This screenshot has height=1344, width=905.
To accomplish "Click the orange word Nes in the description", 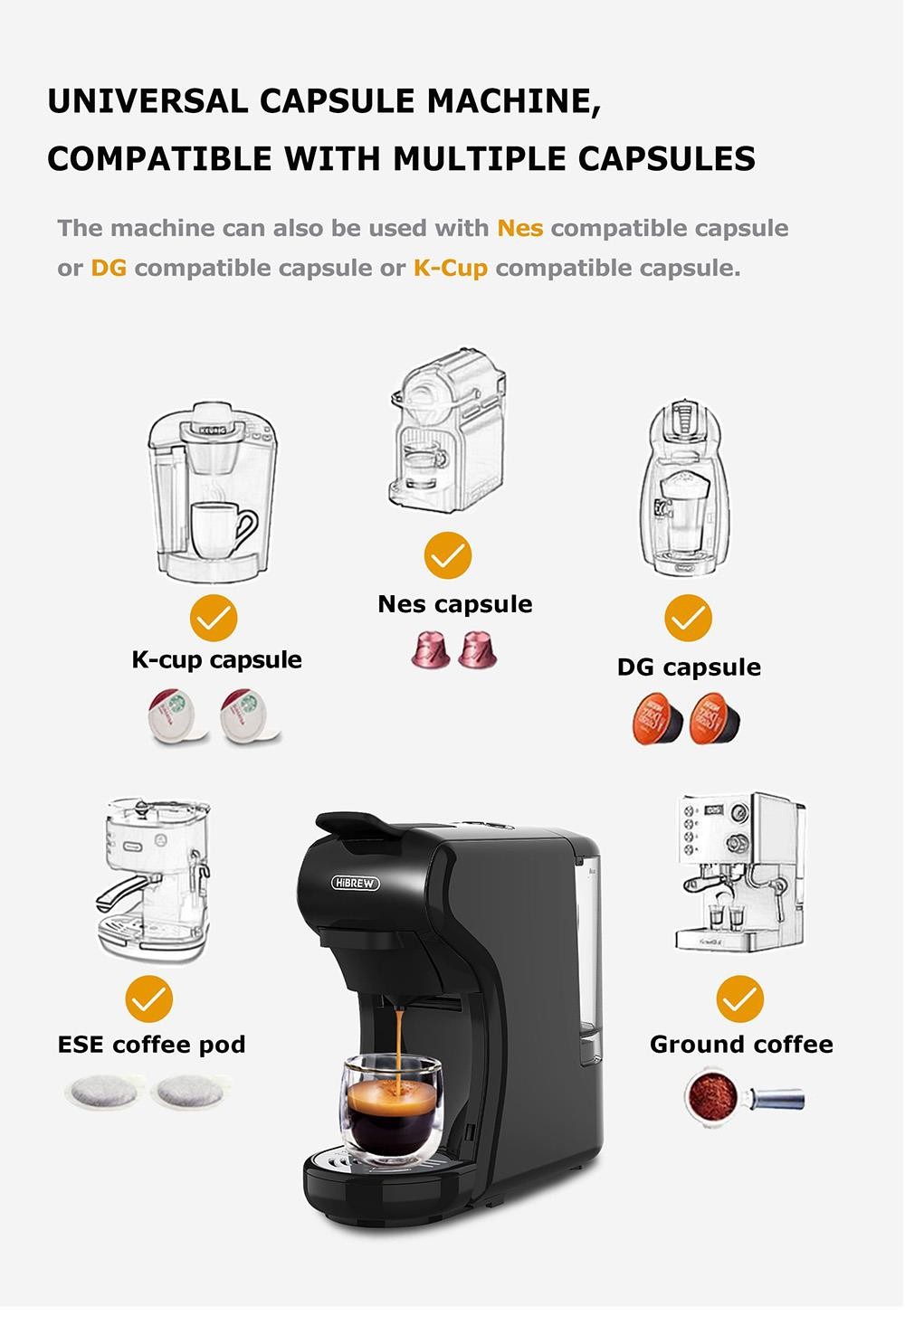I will [519, 228].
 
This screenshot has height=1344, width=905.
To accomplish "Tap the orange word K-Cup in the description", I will [450, 268].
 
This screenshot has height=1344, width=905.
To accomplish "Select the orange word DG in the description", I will [108, 268].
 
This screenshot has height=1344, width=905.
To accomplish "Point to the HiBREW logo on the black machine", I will [356, 882].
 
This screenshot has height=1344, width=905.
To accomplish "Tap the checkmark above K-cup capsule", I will [213, 619].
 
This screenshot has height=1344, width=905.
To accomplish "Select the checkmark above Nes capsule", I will [447, 555].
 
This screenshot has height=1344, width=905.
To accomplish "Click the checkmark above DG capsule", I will [688, 618].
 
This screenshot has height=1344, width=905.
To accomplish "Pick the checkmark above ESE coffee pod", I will [149, 999].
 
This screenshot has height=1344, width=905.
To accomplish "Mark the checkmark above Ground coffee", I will [739, 999].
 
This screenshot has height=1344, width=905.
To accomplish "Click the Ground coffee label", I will [740, 1045].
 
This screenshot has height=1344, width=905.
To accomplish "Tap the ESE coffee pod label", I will [151, 1045].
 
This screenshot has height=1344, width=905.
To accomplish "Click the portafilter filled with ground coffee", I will [742, 1097].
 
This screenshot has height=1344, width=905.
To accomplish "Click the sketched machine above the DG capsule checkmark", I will [684, 488].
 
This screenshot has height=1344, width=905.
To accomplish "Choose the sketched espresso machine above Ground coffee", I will [739, 873].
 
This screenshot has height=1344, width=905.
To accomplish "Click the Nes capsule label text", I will [454, 604].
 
